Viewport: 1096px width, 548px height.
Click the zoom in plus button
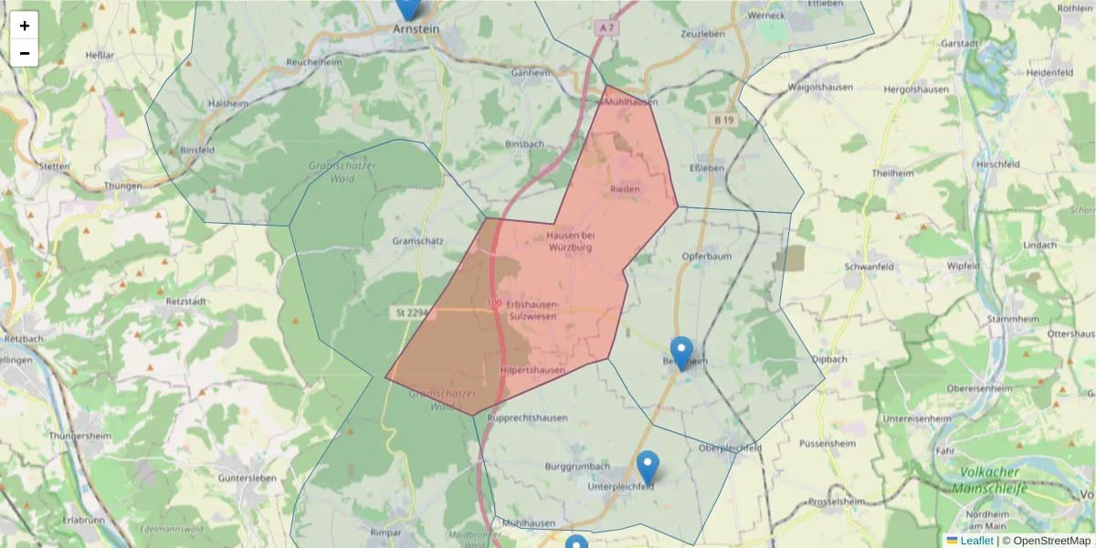point(25,26)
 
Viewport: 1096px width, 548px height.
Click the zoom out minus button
point(25,53)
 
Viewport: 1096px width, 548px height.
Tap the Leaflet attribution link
point(976,541)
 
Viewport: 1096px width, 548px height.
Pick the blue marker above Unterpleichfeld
point(648,468)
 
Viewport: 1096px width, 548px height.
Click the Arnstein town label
point(416,29)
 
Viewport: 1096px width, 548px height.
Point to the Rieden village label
point(626,189)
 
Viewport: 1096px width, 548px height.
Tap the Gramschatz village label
point(417,240)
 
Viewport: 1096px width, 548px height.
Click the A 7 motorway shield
point(608,28)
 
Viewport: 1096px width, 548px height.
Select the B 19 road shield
point(724,120)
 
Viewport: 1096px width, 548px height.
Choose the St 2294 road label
point(412,312)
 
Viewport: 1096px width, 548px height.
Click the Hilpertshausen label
point(532,370)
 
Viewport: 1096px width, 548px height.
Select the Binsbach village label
point(524,144)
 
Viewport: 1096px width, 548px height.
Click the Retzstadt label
point(186,300)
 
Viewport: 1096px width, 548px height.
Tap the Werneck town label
point(766,16)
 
